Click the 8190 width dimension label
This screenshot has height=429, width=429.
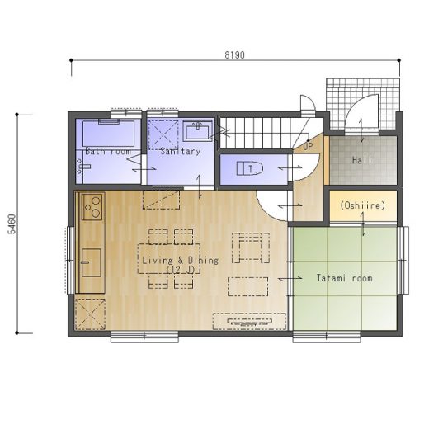pos(234,55)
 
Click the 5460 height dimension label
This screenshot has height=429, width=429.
pos(12,224)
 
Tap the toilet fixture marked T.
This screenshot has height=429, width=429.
pos(250,168)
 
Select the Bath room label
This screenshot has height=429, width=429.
pos(108,151)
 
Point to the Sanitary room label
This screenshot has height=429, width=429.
pos(181,151)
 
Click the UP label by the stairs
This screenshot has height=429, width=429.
pos(308,147)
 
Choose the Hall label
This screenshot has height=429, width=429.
pos(362,160)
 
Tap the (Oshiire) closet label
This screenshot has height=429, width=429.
pos(363,205)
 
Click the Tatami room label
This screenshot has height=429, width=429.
pos(345,278)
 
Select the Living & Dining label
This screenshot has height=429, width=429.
pos(181,261)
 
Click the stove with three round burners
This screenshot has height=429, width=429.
pos(92,207)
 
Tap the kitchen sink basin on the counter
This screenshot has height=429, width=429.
pos(92,262)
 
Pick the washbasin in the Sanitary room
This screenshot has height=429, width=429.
pos(197,131)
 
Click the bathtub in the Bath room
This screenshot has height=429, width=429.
pos(109,134)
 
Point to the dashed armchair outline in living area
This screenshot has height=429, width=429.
pos(251,247)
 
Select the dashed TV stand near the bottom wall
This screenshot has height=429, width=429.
pos(249,321)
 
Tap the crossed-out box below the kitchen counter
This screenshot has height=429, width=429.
pos(90,314)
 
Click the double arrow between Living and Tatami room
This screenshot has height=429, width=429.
pos(290,279)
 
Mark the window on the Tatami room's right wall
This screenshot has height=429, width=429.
pos(403,260)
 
